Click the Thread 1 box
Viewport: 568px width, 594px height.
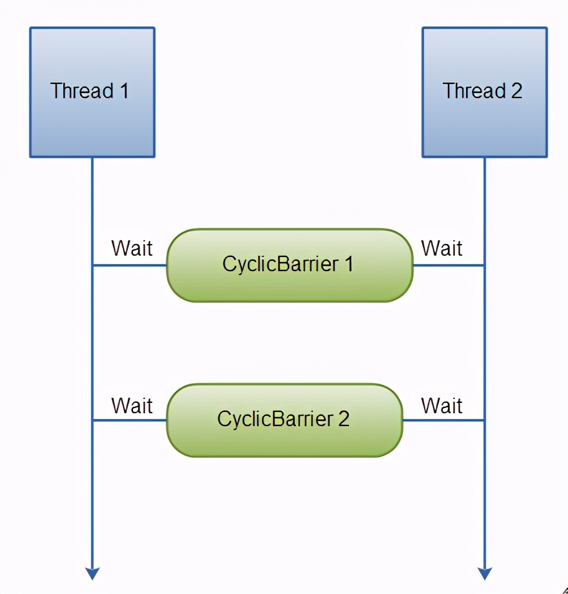tap(92, 92)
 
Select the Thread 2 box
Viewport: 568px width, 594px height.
tap(484, 92)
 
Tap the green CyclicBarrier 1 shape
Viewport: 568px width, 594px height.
tap(289, 265)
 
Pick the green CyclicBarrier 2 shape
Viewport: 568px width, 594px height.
tap(284, 420)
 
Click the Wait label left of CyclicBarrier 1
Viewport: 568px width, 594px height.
tap(132, 248)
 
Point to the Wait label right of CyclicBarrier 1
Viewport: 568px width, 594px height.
tap(441, 248)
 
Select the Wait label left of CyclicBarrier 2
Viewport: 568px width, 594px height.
tap(132, 405)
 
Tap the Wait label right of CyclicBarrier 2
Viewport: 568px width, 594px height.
tap(441, 405)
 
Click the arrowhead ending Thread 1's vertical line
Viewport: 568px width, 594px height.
tap(92, 573)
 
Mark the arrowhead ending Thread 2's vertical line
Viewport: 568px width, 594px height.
tap(485, 573)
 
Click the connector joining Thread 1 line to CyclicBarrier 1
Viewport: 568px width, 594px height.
tap(130, 265)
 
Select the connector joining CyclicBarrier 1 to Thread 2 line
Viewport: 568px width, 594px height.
tap(449, 265)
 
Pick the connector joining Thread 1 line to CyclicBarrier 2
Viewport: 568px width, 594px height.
tap(130, 420)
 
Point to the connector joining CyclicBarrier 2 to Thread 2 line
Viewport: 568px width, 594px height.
tap(443, 420)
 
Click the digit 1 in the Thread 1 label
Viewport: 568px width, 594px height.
tap(123, 91)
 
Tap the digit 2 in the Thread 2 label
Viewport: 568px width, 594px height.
tap(516, 91)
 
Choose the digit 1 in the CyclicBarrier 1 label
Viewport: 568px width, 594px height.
tap(349, 264)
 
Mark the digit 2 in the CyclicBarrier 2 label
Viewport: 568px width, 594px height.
tap(343, 419)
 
